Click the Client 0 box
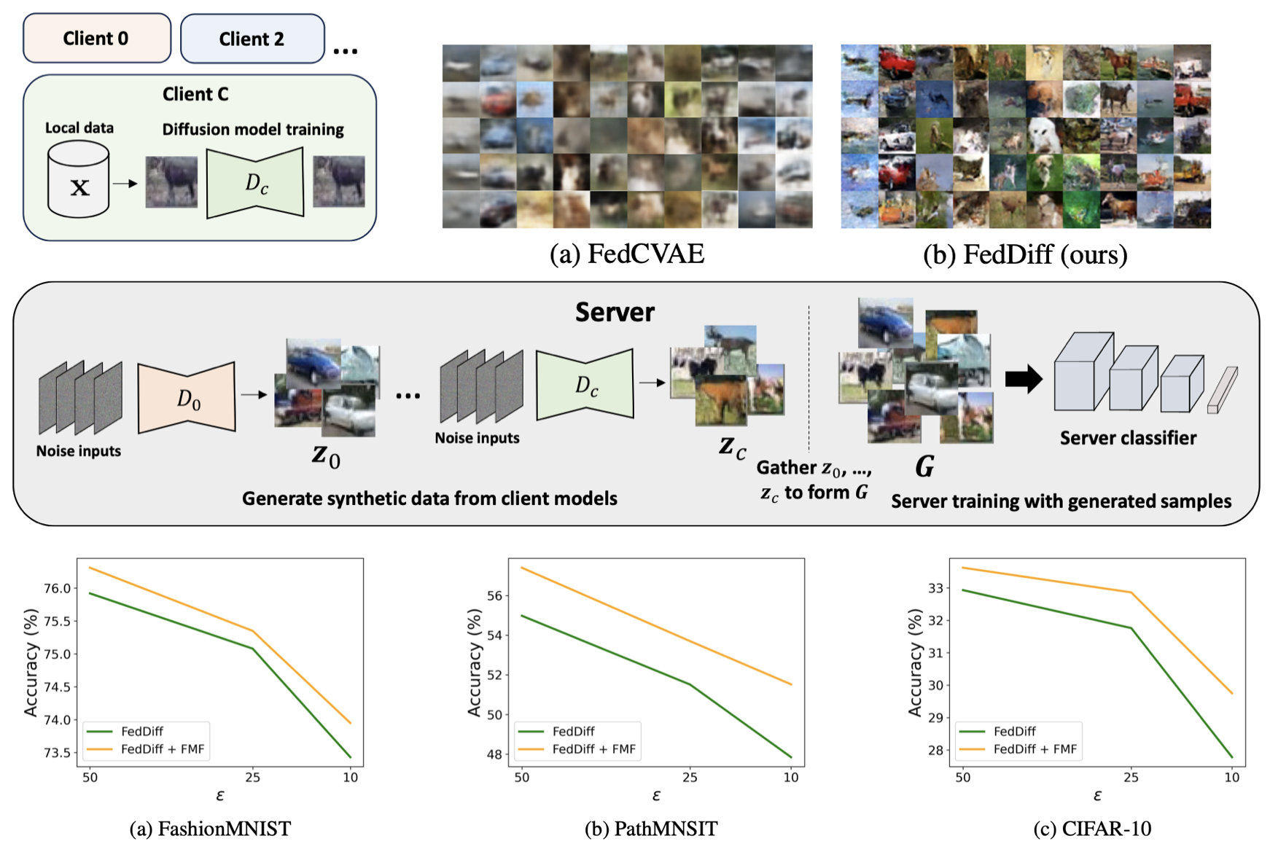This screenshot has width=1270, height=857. (96, 38)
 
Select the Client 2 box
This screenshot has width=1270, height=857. (252, 39)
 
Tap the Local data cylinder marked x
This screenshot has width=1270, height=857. (79, 181)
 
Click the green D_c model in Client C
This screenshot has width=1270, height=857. (255, 183)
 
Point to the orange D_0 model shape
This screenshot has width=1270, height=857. (187, 397)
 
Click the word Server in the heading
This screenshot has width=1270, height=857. (615, 312)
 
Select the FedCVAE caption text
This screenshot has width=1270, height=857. (627, 254)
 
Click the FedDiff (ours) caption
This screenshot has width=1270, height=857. (1025, 254)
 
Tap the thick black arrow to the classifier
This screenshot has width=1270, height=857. (1023, 379)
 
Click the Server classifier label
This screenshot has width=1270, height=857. (1128, 438)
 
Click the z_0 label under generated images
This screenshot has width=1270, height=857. (326, 455)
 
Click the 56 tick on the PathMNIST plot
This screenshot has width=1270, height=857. (494, 595)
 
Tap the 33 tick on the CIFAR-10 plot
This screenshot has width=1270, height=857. (936, 588)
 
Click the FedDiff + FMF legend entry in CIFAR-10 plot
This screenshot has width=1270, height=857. (1035, 749)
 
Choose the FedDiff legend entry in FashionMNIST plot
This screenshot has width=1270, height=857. (141, 731)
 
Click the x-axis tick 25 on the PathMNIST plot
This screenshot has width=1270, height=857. (690, 778)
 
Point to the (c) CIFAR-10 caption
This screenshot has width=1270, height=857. (1092, 829)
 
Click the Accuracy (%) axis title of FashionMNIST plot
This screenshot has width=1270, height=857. (31, 662)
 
